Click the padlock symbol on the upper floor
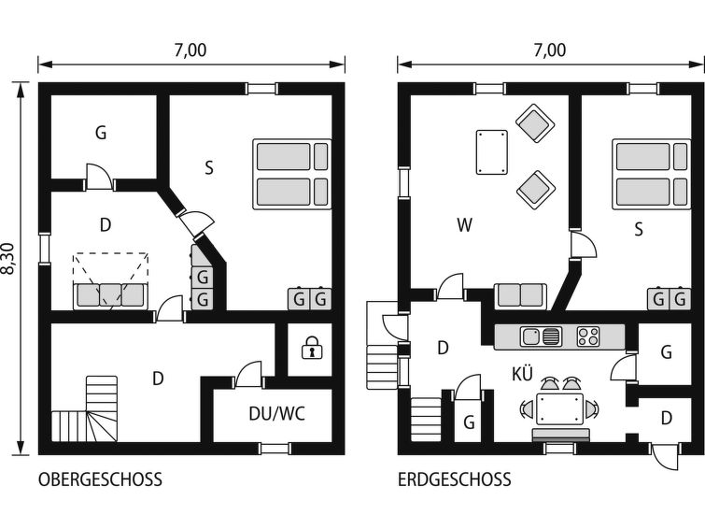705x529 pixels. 311,348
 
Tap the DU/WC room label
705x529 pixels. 277,413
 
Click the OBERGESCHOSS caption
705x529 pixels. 100,479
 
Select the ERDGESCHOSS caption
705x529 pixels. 454,479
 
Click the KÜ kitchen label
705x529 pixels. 522,374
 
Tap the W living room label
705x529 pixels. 464,224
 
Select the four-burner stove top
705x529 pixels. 588,336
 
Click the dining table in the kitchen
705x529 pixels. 559,408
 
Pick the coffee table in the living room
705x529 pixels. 491,152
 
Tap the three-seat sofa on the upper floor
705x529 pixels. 110,295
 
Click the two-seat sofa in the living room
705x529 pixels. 521,295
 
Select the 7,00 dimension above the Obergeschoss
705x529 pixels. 190,50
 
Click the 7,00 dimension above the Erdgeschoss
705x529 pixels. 550,50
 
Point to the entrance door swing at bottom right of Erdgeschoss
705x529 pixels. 665,457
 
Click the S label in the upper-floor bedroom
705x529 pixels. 209,168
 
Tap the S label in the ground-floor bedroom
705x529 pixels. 639,230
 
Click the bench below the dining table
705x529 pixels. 560,435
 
